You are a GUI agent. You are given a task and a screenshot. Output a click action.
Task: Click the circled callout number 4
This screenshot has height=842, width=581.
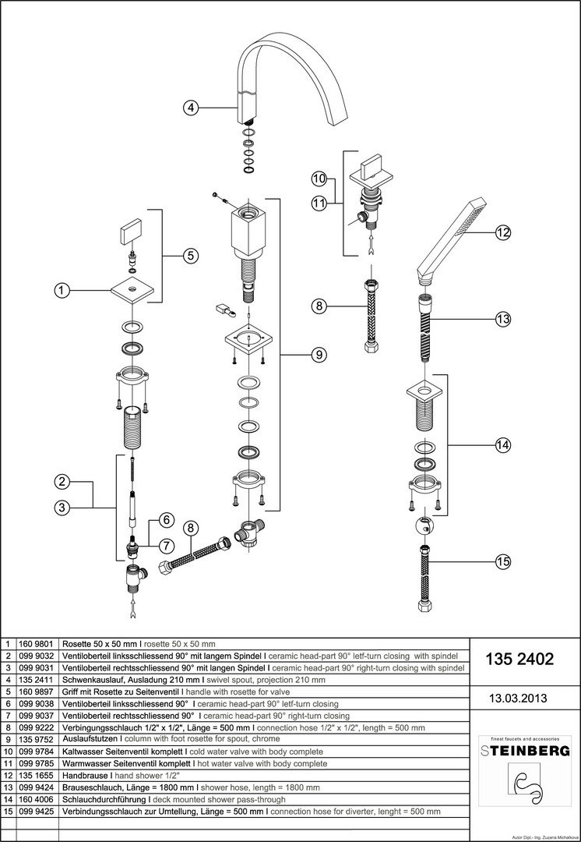point(191,108)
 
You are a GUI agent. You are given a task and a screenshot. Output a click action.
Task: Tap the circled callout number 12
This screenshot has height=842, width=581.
point(502,232)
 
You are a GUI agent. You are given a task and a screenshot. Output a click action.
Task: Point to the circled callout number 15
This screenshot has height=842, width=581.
point(502,560)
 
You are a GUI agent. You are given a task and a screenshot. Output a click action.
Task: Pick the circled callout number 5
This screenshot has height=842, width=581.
point(191,255)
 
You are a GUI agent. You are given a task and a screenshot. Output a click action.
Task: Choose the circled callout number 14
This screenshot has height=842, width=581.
point(502,445)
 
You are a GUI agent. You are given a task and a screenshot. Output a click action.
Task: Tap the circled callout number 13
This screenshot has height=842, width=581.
point(502,318)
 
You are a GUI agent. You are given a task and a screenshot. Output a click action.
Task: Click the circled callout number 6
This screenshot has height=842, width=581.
point(165,519)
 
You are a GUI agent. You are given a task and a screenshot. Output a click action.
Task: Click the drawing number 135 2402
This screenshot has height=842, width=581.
point(519,660)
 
